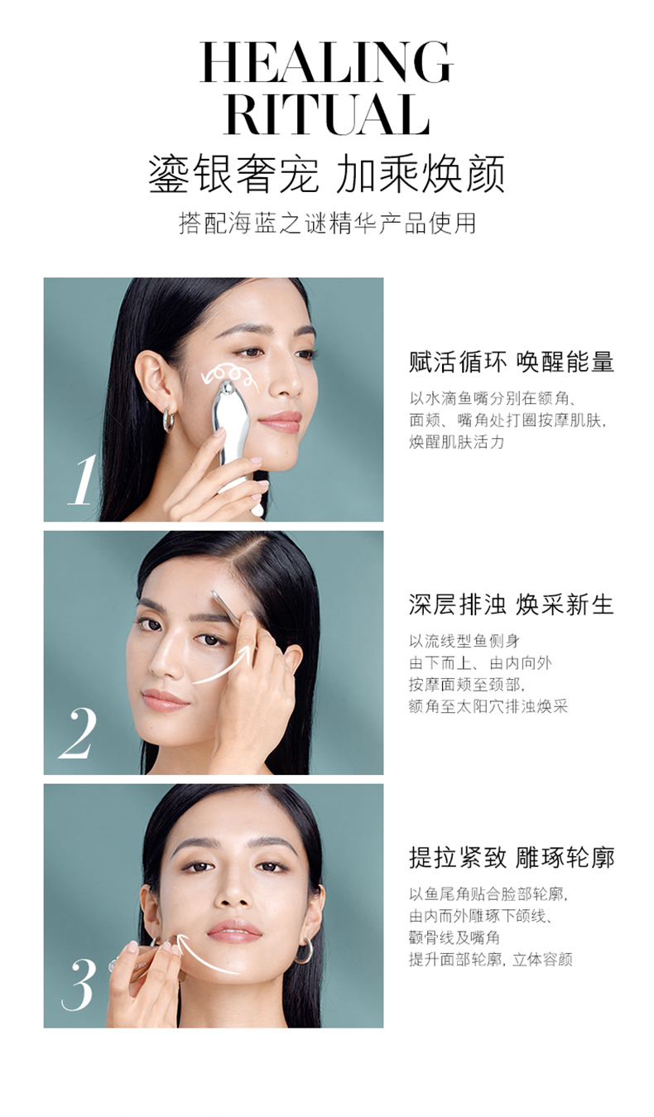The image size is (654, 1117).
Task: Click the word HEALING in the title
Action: pos(326,62)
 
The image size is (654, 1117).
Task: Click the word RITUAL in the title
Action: pos(326,114)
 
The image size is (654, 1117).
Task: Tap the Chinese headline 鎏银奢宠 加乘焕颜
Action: pos(327,174)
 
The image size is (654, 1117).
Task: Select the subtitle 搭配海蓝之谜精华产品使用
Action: pos(327,223)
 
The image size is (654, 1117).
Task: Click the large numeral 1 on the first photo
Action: pos(82,479)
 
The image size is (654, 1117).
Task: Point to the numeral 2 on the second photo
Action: pos(78,734)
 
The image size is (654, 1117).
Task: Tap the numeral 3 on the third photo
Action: pos(79,985)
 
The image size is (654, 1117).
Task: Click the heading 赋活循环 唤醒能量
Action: pos(512,362)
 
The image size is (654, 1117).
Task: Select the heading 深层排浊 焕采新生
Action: pos(512,604)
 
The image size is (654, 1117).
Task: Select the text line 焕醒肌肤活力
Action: pos(457,442)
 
